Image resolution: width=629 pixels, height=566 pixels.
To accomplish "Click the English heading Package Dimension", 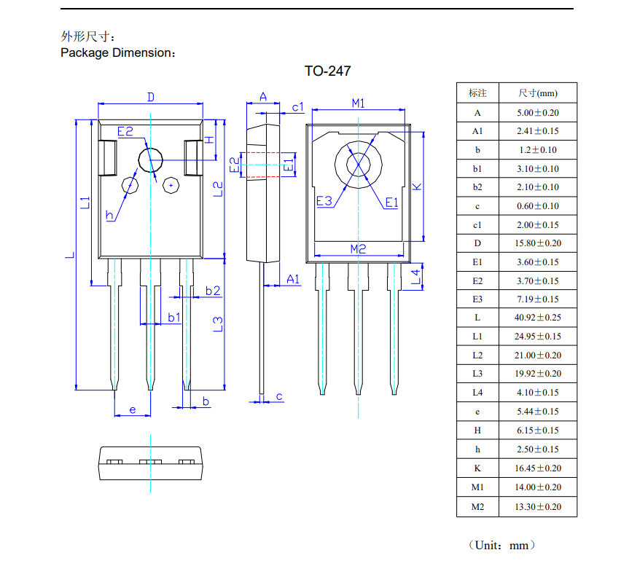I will (117, 52).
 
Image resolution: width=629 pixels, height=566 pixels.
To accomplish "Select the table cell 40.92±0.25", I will (538, 318).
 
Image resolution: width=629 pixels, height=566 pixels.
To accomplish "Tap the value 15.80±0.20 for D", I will (538, 243).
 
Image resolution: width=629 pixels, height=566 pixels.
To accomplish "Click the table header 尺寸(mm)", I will (538, 93).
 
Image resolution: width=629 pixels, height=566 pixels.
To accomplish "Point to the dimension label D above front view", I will (151, 97).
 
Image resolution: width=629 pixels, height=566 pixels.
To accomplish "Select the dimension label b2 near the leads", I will (213, 291).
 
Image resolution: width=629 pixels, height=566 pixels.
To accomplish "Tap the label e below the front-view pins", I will (133, 410).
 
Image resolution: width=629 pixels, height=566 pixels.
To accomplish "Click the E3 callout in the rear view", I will (324, 202).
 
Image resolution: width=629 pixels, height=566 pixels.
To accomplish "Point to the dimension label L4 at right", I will (416, 276).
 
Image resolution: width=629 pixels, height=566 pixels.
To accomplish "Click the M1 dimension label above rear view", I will (358, 103).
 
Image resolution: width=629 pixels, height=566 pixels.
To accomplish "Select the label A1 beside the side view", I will (293, 279).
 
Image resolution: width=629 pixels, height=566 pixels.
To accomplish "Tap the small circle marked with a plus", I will (171, 185).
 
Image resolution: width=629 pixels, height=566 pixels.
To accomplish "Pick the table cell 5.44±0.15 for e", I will (538, 412).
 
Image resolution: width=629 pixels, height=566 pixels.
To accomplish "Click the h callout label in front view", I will (109, 215).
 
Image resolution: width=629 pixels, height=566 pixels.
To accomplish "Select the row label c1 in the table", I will (477, 225).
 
